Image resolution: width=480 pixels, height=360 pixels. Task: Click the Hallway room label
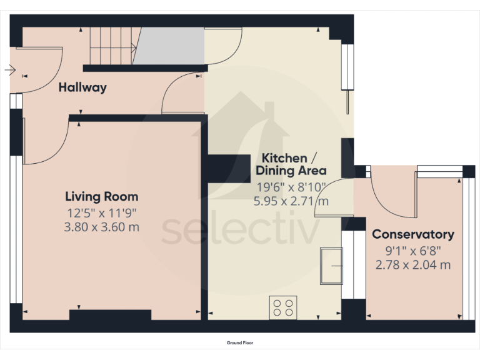(x=82, y=87)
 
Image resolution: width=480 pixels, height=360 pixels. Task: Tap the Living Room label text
(x=102, y=196)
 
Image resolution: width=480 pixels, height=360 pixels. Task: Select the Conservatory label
(x=413, y=234)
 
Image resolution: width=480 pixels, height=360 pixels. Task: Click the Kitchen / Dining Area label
(x=291, y=164)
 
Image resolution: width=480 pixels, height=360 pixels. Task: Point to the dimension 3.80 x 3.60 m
(x=102, y=227)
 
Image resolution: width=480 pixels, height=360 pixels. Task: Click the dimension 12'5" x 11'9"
(x=102, y=212)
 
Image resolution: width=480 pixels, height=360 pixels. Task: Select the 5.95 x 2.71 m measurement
(x=291, y=201)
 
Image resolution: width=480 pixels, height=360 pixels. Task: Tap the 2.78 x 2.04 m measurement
(x=413, y=265)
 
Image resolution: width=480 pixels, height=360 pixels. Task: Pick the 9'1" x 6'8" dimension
(x=413, y=251)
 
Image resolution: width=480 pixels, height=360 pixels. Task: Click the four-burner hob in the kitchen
(x=283, y=307)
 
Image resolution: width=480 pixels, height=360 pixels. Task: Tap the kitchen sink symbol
(x=331, y=266)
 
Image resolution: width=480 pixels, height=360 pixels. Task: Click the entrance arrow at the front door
(x=10, y=70)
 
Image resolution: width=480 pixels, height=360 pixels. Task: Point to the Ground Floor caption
(x=240, y=343)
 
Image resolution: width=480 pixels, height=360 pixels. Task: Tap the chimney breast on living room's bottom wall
(x=110, y=315)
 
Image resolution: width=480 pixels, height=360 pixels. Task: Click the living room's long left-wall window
(x=16, y=229)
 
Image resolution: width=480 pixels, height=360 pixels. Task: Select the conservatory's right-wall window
(x=469, y=249)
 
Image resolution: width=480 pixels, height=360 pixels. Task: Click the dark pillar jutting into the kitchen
(x=229, y=169)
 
